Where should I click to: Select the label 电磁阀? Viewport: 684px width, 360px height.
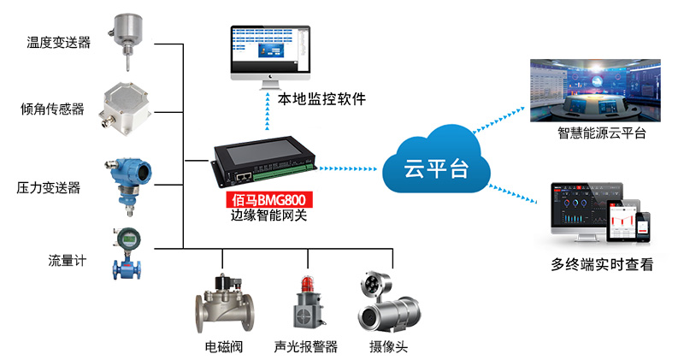coord(222,347)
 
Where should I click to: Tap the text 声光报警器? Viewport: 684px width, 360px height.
coord(305,347)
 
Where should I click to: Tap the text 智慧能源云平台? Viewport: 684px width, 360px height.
coord(601,133)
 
